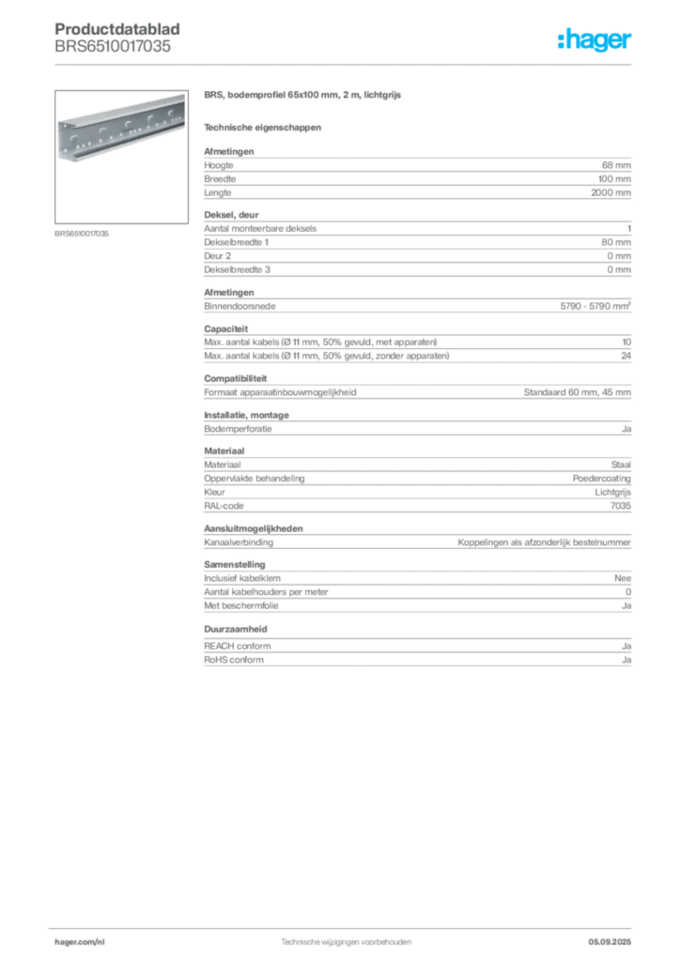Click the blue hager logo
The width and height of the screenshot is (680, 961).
[595, 40]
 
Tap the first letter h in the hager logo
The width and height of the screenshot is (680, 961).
[561, 40]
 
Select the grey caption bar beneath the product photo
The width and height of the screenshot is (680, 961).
[83, 233]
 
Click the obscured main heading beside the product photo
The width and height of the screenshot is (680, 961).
[303, 98]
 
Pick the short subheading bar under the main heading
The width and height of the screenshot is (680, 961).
[263, 127]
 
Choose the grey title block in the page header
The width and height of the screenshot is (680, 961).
[120, 38]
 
